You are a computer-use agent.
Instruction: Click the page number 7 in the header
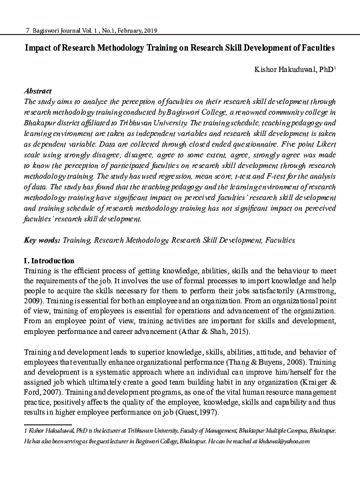[26, 31]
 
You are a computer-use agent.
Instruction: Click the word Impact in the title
[41, 49]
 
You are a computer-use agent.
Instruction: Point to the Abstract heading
[38, 90]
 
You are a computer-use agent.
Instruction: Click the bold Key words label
[41, 239]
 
